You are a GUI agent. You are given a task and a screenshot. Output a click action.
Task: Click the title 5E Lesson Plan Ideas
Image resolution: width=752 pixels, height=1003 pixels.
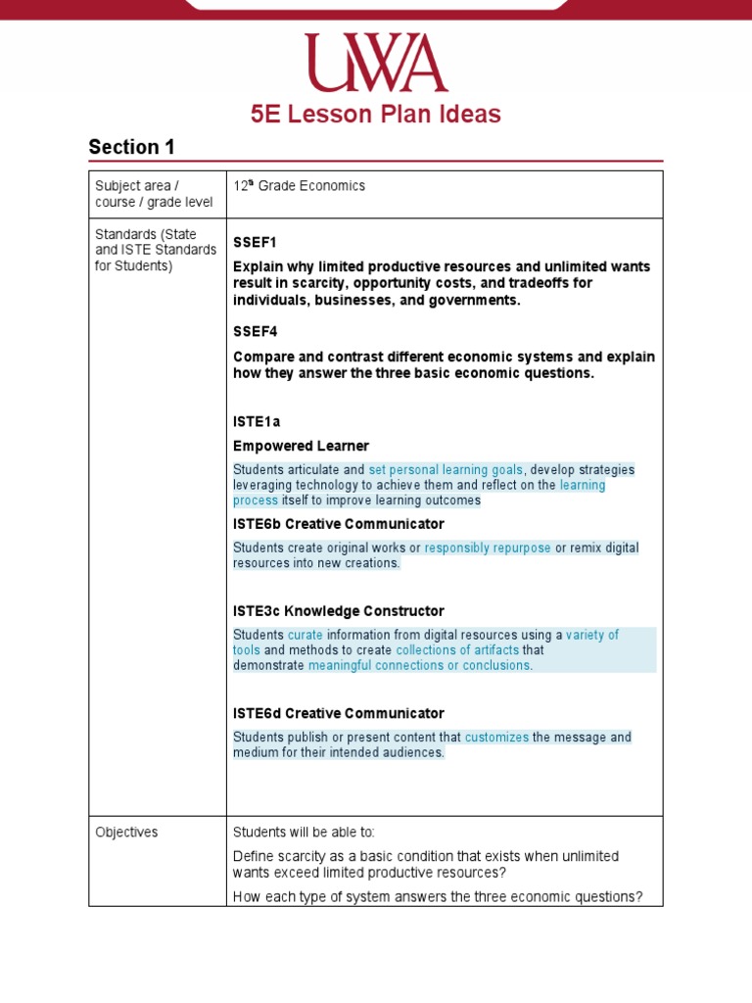coord(376,115)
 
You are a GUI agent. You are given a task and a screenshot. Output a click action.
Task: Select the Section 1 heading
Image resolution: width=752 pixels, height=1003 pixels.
coord(131,148)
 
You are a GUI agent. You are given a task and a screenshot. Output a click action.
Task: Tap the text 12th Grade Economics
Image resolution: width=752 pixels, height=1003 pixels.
coord(299,186)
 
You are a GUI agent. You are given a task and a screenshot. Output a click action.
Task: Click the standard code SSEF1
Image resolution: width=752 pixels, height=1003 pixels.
coord(255,242)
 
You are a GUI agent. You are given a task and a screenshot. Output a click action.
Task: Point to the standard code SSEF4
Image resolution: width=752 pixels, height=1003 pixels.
coord(255,332)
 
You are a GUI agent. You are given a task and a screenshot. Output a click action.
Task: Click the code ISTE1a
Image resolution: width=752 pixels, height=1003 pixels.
coord(257,422)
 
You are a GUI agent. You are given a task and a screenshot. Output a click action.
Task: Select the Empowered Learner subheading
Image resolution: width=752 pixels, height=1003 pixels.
coord(301,447)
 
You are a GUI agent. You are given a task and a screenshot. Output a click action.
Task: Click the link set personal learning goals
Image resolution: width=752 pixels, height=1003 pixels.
coord(446,470)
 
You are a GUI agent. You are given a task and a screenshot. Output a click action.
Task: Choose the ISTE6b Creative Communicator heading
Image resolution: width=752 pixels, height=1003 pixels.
coord(338,524)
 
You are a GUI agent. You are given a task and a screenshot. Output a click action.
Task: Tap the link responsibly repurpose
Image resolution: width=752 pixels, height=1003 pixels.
coord(488,549)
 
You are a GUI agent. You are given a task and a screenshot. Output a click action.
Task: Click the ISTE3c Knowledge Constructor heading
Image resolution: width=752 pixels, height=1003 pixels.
coord(338,611)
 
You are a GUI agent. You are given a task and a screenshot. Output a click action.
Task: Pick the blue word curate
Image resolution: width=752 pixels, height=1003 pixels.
coord(305,636)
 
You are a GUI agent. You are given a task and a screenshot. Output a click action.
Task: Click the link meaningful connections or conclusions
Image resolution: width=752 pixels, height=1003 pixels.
coord(419,666)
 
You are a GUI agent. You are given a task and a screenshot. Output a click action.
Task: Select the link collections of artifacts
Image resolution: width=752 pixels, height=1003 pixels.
coord(456,650)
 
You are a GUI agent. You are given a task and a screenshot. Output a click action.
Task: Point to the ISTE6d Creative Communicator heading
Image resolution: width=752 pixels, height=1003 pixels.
coord(338,713)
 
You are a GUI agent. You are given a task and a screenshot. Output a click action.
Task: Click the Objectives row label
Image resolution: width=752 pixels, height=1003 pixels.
coord(126,833)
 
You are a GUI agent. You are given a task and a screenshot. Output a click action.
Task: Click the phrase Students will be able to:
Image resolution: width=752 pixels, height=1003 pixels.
coord(304,833)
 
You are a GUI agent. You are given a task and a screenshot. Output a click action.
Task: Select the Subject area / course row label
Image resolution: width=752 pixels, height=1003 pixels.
coord(137,194)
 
